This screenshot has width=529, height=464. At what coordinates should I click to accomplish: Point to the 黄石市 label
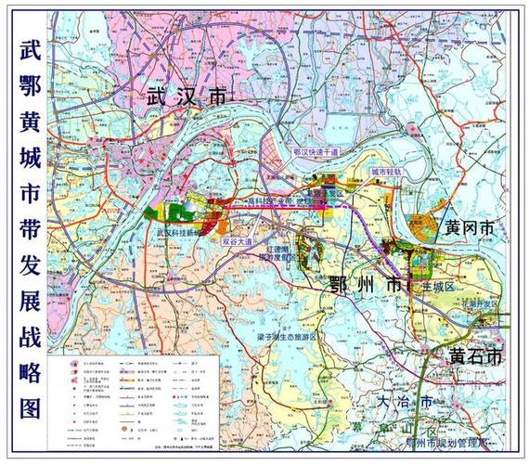[x=475, y=356]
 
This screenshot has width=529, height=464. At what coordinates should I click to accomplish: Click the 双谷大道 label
[x=238, y=240]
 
